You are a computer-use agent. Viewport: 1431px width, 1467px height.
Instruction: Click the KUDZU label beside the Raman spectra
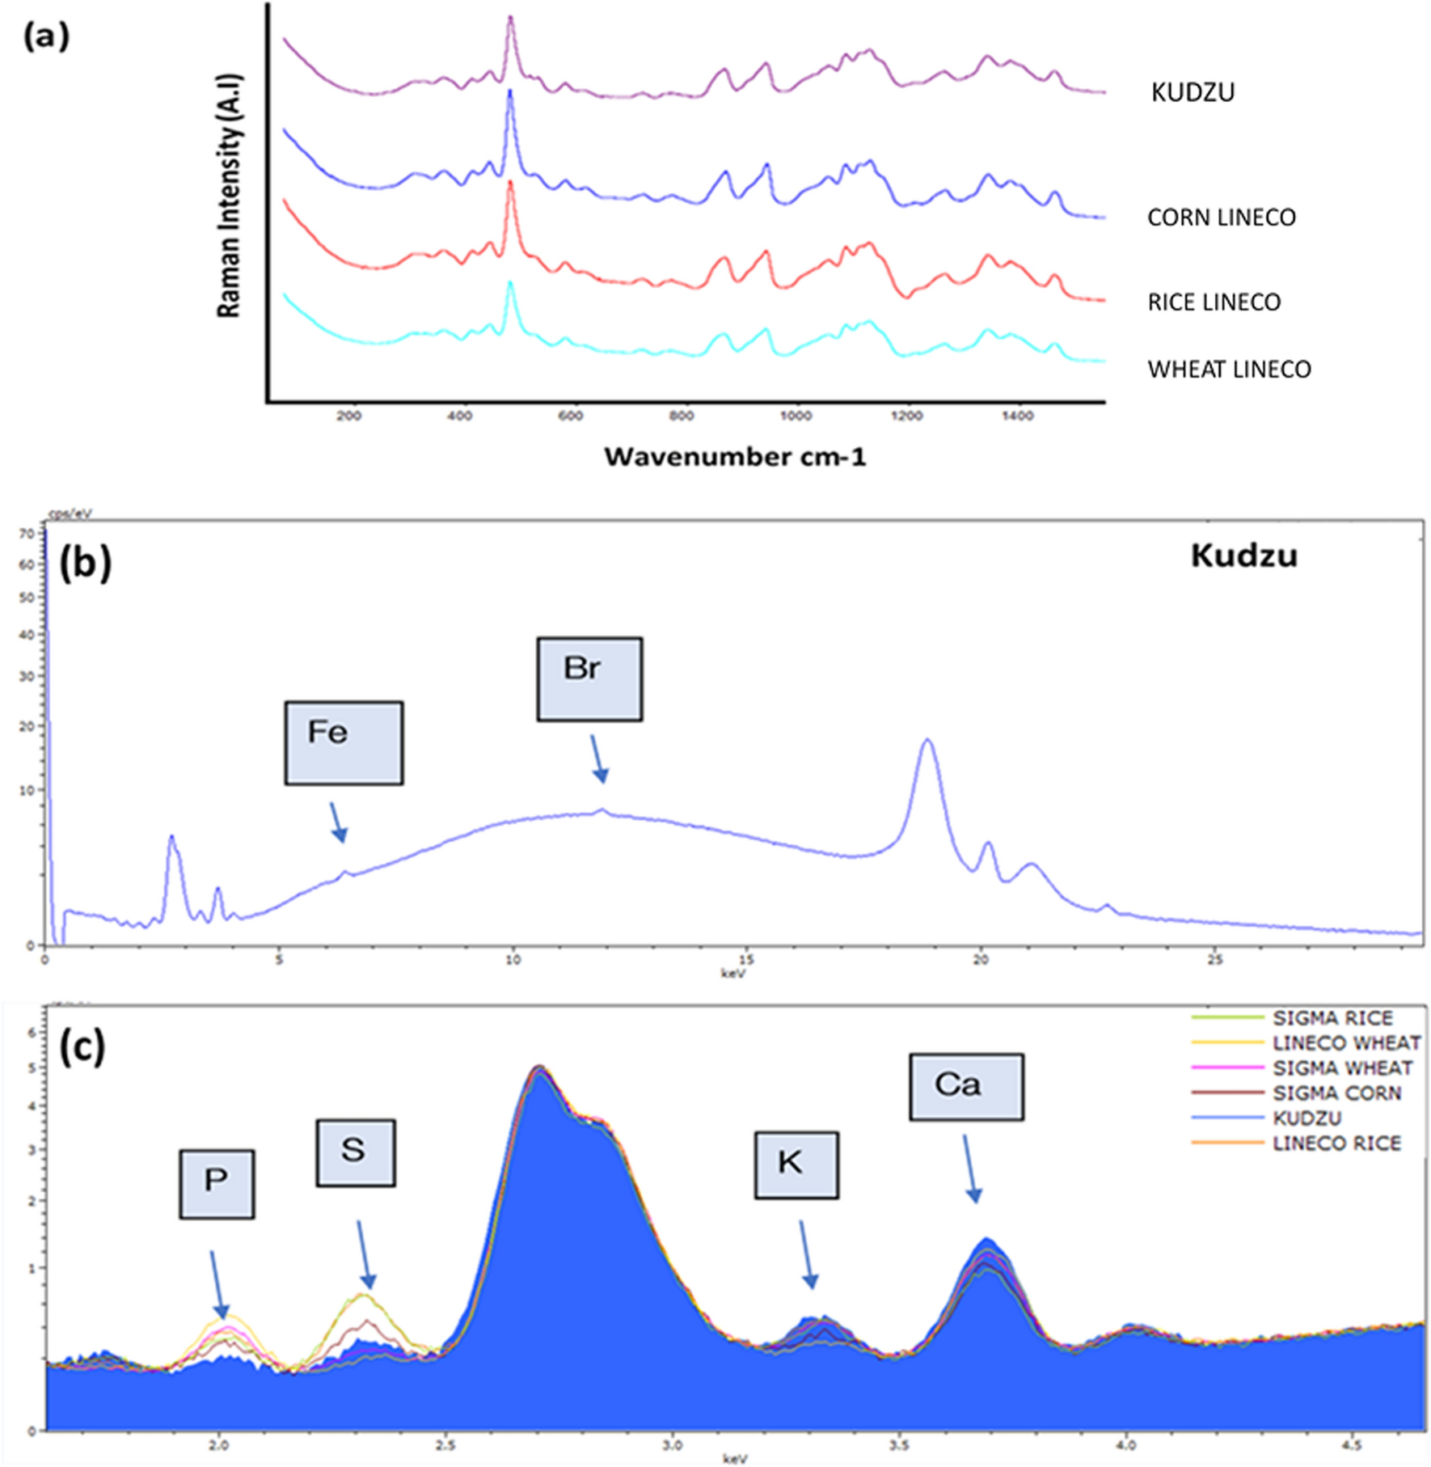(x=1192, y=92)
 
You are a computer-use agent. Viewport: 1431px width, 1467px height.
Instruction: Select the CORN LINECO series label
(x=1221, y=218)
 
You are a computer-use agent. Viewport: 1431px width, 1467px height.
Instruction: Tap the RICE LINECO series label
(x=1214, y=302)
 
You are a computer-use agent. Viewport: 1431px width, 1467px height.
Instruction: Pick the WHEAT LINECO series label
(x=1229, y=370)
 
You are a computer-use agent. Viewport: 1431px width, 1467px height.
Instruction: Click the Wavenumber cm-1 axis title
(x=734, y=457)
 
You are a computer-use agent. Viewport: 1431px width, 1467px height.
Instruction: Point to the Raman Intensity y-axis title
(x=229, y=196)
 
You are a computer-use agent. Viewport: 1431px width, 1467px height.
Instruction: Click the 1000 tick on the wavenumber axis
(x=796, y=416)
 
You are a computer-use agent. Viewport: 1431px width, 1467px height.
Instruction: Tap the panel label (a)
(x=46, y=36)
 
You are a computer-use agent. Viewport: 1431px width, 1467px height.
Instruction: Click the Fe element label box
(x=344, y=742)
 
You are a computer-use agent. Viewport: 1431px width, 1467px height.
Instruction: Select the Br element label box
(x=589, y=679)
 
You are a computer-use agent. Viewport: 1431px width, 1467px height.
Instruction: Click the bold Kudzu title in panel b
(x=1243, y=556)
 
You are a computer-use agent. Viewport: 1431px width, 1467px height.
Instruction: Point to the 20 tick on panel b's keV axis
(x=980, y=960)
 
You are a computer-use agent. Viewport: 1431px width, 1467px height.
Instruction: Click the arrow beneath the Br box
(x=598, y=759)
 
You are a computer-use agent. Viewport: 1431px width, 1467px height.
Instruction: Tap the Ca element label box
(x=966, y=1086)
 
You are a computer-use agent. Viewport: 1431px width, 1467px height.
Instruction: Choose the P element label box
(x=217, y=1183)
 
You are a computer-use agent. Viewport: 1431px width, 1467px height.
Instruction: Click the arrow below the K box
(x=808, y=1254)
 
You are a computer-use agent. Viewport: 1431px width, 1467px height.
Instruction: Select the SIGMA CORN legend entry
(x=1336, y=1093)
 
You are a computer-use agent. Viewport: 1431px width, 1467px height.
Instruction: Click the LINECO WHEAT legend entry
(x=1345, y=1043)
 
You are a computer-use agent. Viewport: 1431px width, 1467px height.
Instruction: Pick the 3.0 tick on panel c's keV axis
(x=672, y=1445)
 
